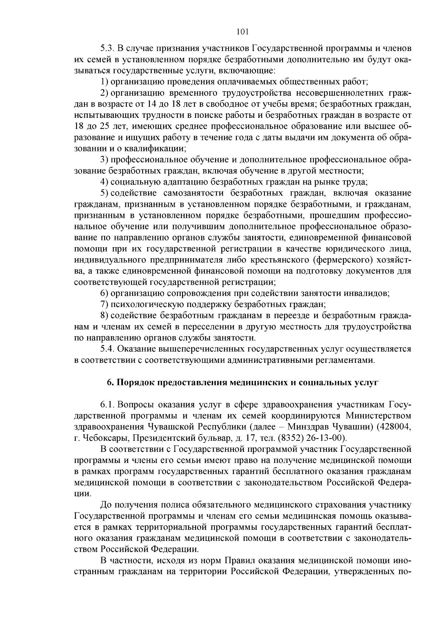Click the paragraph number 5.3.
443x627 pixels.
[x=108, y=48]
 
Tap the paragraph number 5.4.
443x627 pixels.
[x=108, y=349]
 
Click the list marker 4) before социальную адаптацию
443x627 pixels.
[x=104, y=182]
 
